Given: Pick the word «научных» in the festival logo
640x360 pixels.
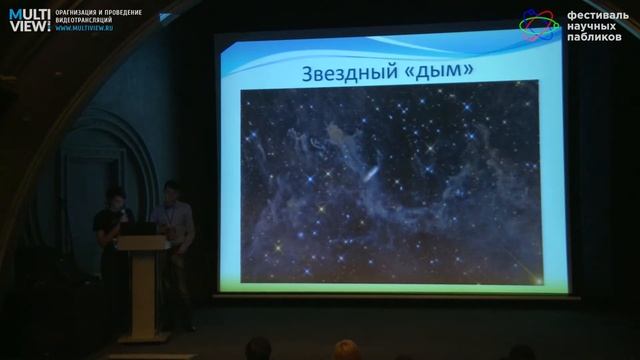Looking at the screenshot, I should pos(595,27).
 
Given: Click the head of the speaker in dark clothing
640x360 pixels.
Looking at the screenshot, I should pos(116,197).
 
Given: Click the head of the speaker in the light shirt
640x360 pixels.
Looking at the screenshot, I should pos(171,189).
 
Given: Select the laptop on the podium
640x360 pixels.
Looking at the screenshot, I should pos(138,229).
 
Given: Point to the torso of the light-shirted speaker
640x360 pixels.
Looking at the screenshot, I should pos(176,225).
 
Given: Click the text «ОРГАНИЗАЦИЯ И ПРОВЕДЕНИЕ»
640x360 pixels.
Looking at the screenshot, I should pos(98,13).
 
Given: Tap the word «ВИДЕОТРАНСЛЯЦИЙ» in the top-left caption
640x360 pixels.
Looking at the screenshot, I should pos(84,20).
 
